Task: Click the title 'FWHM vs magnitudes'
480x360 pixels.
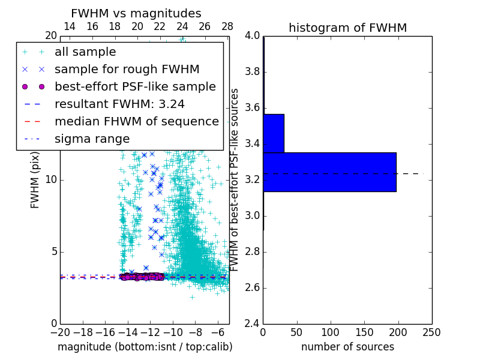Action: [136, 13]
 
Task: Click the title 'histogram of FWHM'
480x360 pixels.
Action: [347, 28]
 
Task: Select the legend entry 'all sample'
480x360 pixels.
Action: [85, 52]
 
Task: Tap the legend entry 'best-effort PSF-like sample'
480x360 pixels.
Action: [135, 86]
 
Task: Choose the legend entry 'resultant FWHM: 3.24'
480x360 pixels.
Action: [119, 104]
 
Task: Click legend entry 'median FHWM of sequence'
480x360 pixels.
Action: [136, 121]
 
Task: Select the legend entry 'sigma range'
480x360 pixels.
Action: [92, 139]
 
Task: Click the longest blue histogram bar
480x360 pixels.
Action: [329, 172]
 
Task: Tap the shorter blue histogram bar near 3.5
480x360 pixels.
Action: [274, 133]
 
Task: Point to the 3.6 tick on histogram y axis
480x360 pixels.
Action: [253, 108]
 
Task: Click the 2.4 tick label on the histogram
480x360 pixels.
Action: [253, 324]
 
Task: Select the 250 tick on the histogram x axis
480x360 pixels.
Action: [431, 332]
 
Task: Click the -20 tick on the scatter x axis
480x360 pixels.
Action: [60, 332]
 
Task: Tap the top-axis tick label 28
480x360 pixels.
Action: [227, 26]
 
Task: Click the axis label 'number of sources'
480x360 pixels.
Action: [347, 347]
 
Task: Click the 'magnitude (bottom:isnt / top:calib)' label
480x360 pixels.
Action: [145, 347]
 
